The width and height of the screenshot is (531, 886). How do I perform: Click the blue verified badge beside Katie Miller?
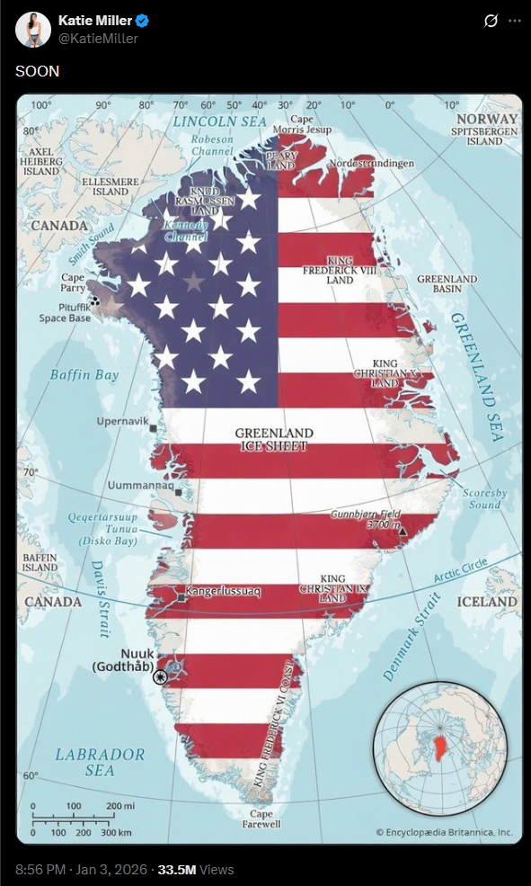142,21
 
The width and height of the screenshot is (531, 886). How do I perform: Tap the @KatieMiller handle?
98,39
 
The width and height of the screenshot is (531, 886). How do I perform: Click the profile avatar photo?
32,30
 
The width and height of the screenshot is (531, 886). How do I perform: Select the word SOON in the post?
38,71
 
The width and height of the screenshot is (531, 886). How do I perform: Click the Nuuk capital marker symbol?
160,676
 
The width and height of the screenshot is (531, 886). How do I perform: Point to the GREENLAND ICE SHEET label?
274,439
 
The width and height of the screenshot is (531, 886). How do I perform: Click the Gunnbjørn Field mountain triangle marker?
402,532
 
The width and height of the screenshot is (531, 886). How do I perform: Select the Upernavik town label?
122,420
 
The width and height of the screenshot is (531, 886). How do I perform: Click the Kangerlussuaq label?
225,593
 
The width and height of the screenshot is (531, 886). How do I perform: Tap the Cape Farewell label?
261,819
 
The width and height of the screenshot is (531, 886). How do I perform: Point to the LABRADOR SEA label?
99,762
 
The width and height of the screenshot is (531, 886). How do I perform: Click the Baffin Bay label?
84,374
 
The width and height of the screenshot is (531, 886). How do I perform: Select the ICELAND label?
487,601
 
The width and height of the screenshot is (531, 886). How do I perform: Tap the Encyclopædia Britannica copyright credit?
444,832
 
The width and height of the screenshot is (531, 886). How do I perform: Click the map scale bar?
82,819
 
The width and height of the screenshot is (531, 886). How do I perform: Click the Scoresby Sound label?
484,498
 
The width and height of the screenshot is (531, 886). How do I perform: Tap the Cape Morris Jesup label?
301,124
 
